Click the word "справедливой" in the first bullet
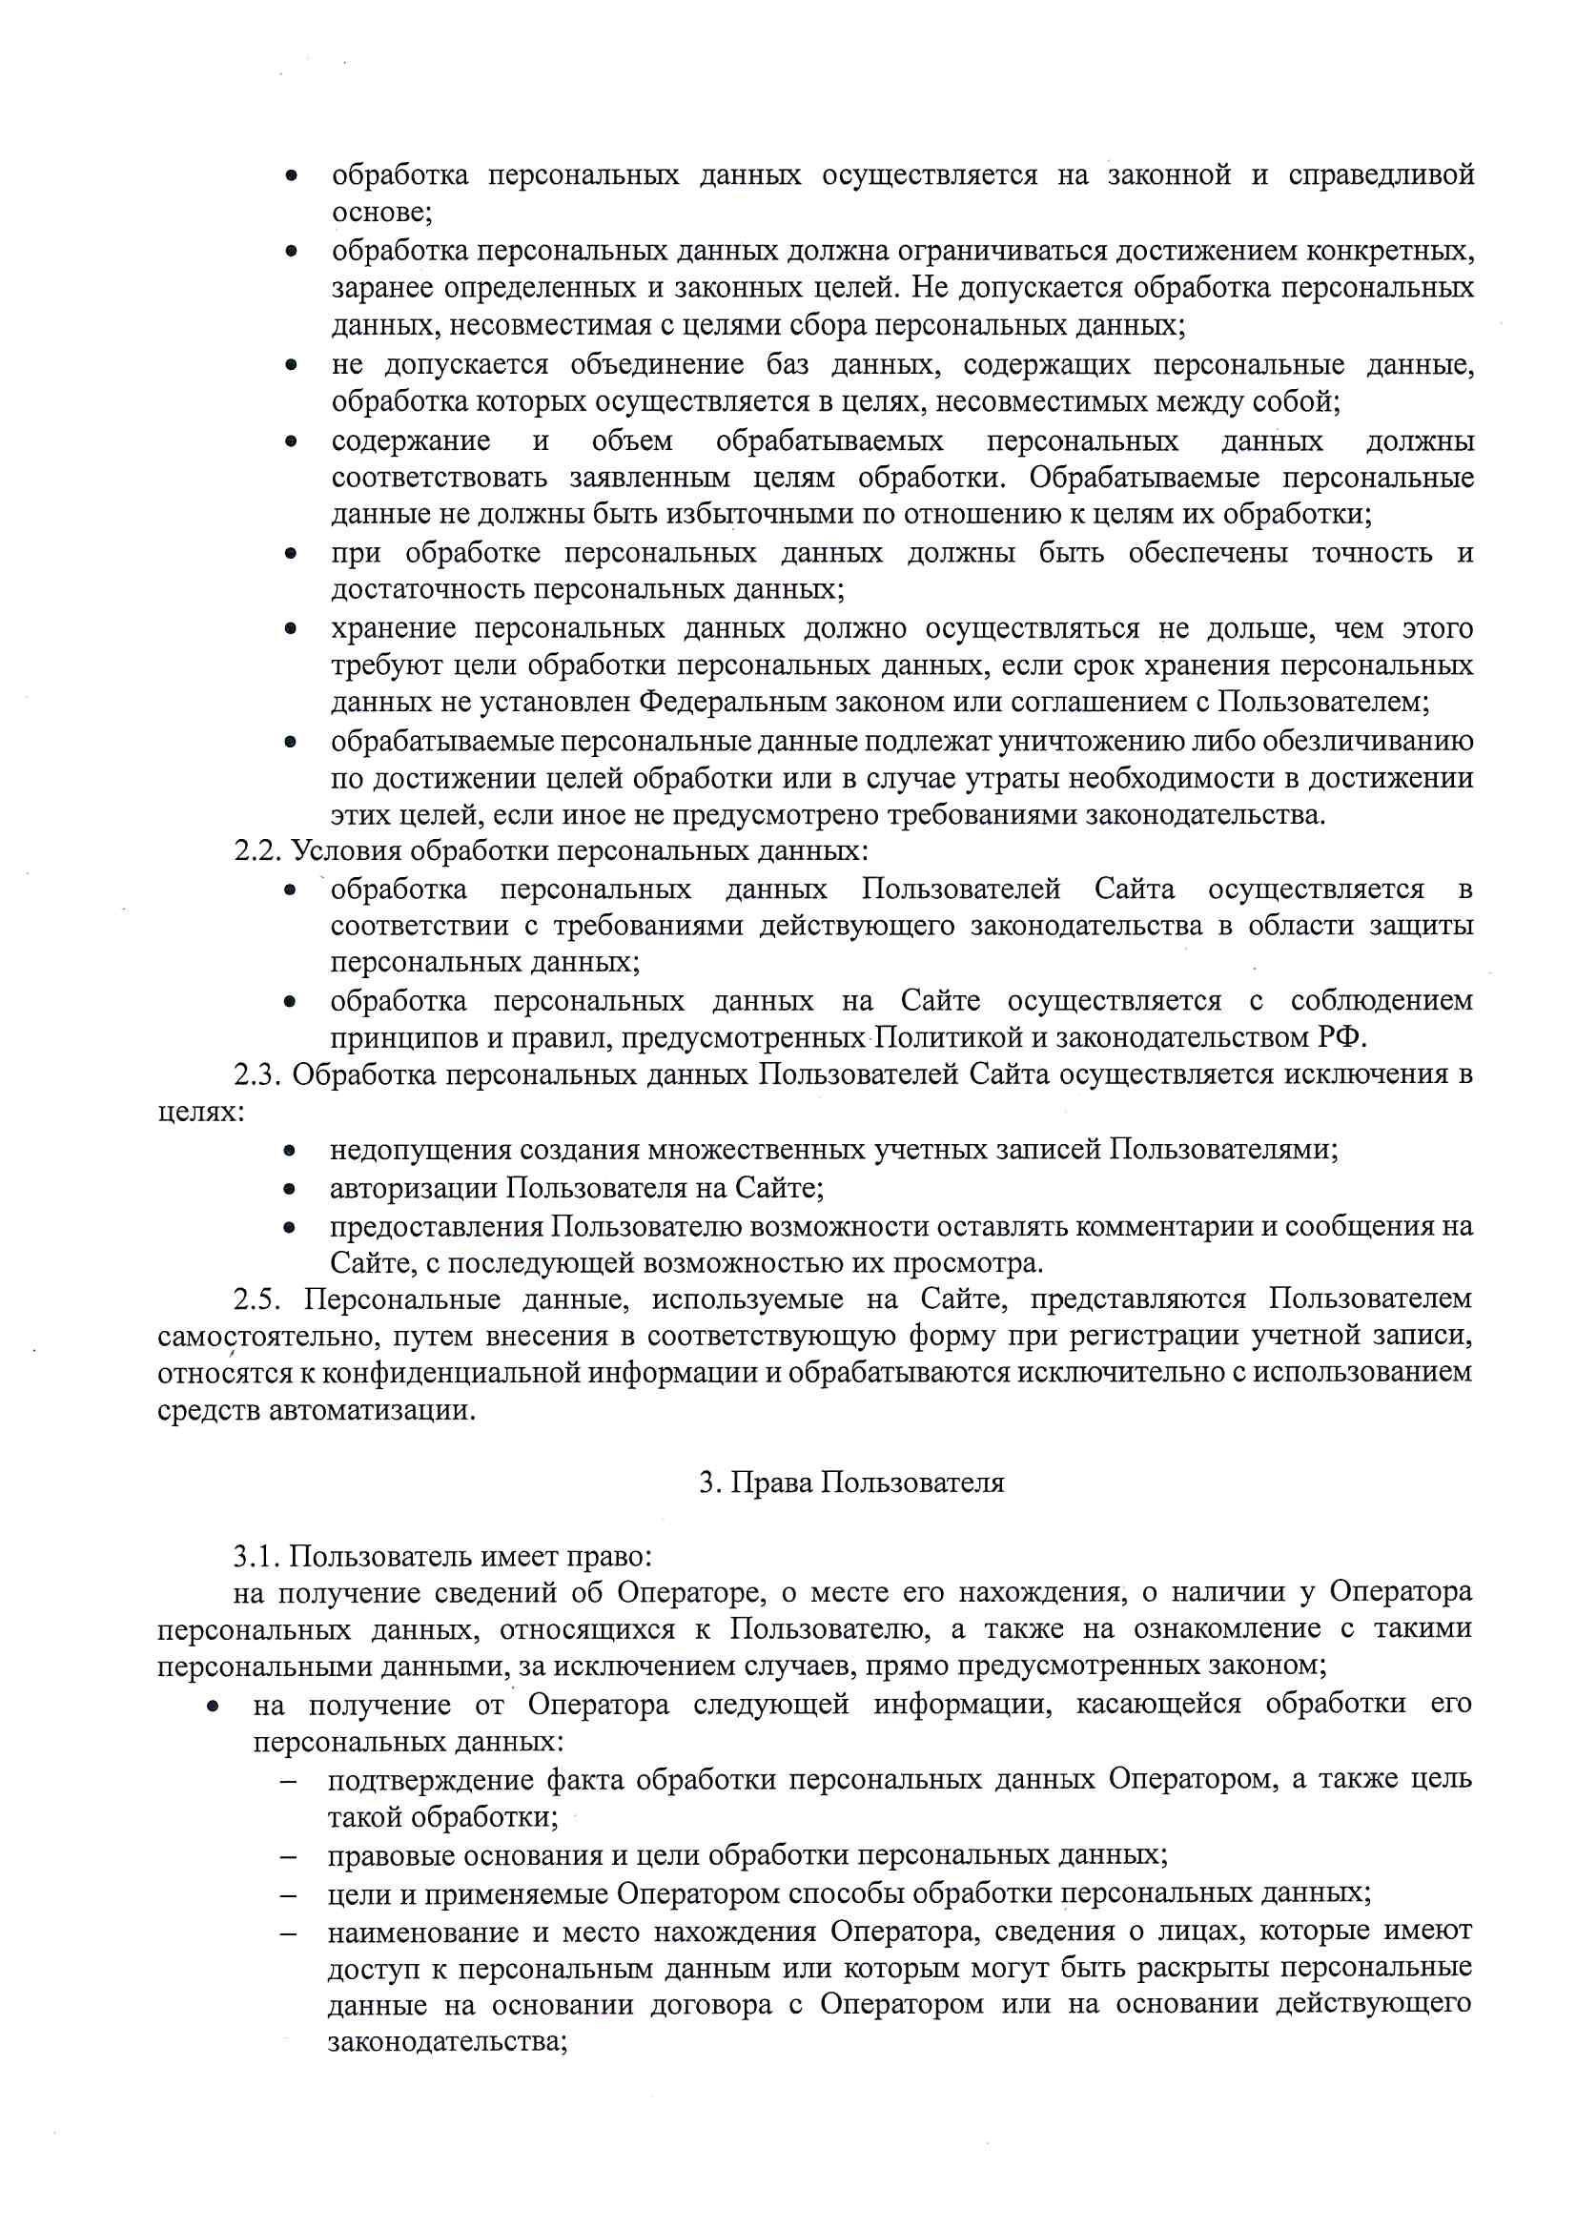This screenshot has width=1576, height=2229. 1381,175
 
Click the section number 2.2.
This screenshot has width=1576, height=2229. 257,851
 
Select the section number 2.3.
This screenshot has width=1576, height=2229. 257,1074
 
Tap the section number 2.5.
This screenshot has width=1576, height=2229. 257,1299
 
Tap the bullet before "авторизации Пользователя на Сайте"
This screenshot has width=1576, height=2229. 290,1189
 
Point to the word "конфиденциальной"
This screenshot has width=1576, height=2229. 431,1373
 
